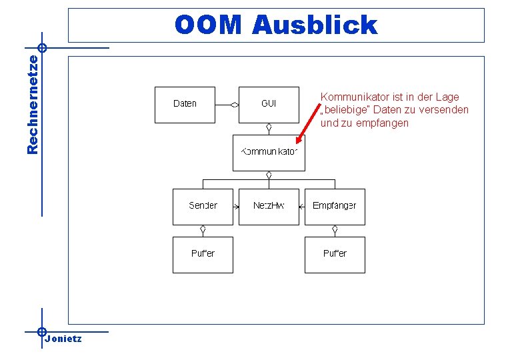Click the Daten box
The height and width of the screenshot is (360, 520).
(185, 104)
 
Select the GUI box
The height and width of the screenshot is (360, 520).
(269, 104)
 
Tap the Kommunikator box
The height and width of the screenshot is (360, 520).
(269, 152)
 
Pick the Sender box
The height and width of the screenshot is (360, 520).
(203, 206)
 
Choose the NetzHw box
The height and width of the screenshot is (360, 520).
(269, 206)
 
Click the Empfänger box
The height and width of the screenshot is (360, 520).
(335, 206)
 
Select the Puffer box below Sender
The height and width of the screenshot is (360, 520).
(203, 254)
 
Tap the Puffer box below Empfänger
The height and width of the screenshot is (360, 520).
(335, 254)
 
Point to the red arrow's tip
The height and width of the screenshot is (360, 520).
(297, 143)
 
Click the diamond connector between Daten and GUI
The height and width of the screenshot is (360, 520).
(234, 105)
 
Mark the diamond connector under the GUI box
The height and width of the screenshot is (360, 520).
(269, 127)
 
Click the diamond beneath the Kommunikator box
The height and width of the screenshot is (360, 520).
(269, 175)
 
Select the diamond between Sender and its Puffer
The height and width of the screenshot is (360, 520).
(203, 229)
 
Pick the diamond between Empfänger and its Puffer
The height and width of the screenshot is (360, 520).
(335, 229)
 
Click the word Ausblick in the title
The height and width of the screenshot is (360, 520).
(315, 25)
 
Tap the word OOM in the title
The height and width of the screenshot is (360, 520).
(208, 25)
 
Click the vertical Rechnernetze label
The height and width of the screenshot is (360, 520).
(32, 103)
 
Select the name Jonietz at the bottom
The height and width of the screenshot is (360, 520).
(63, 339)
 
